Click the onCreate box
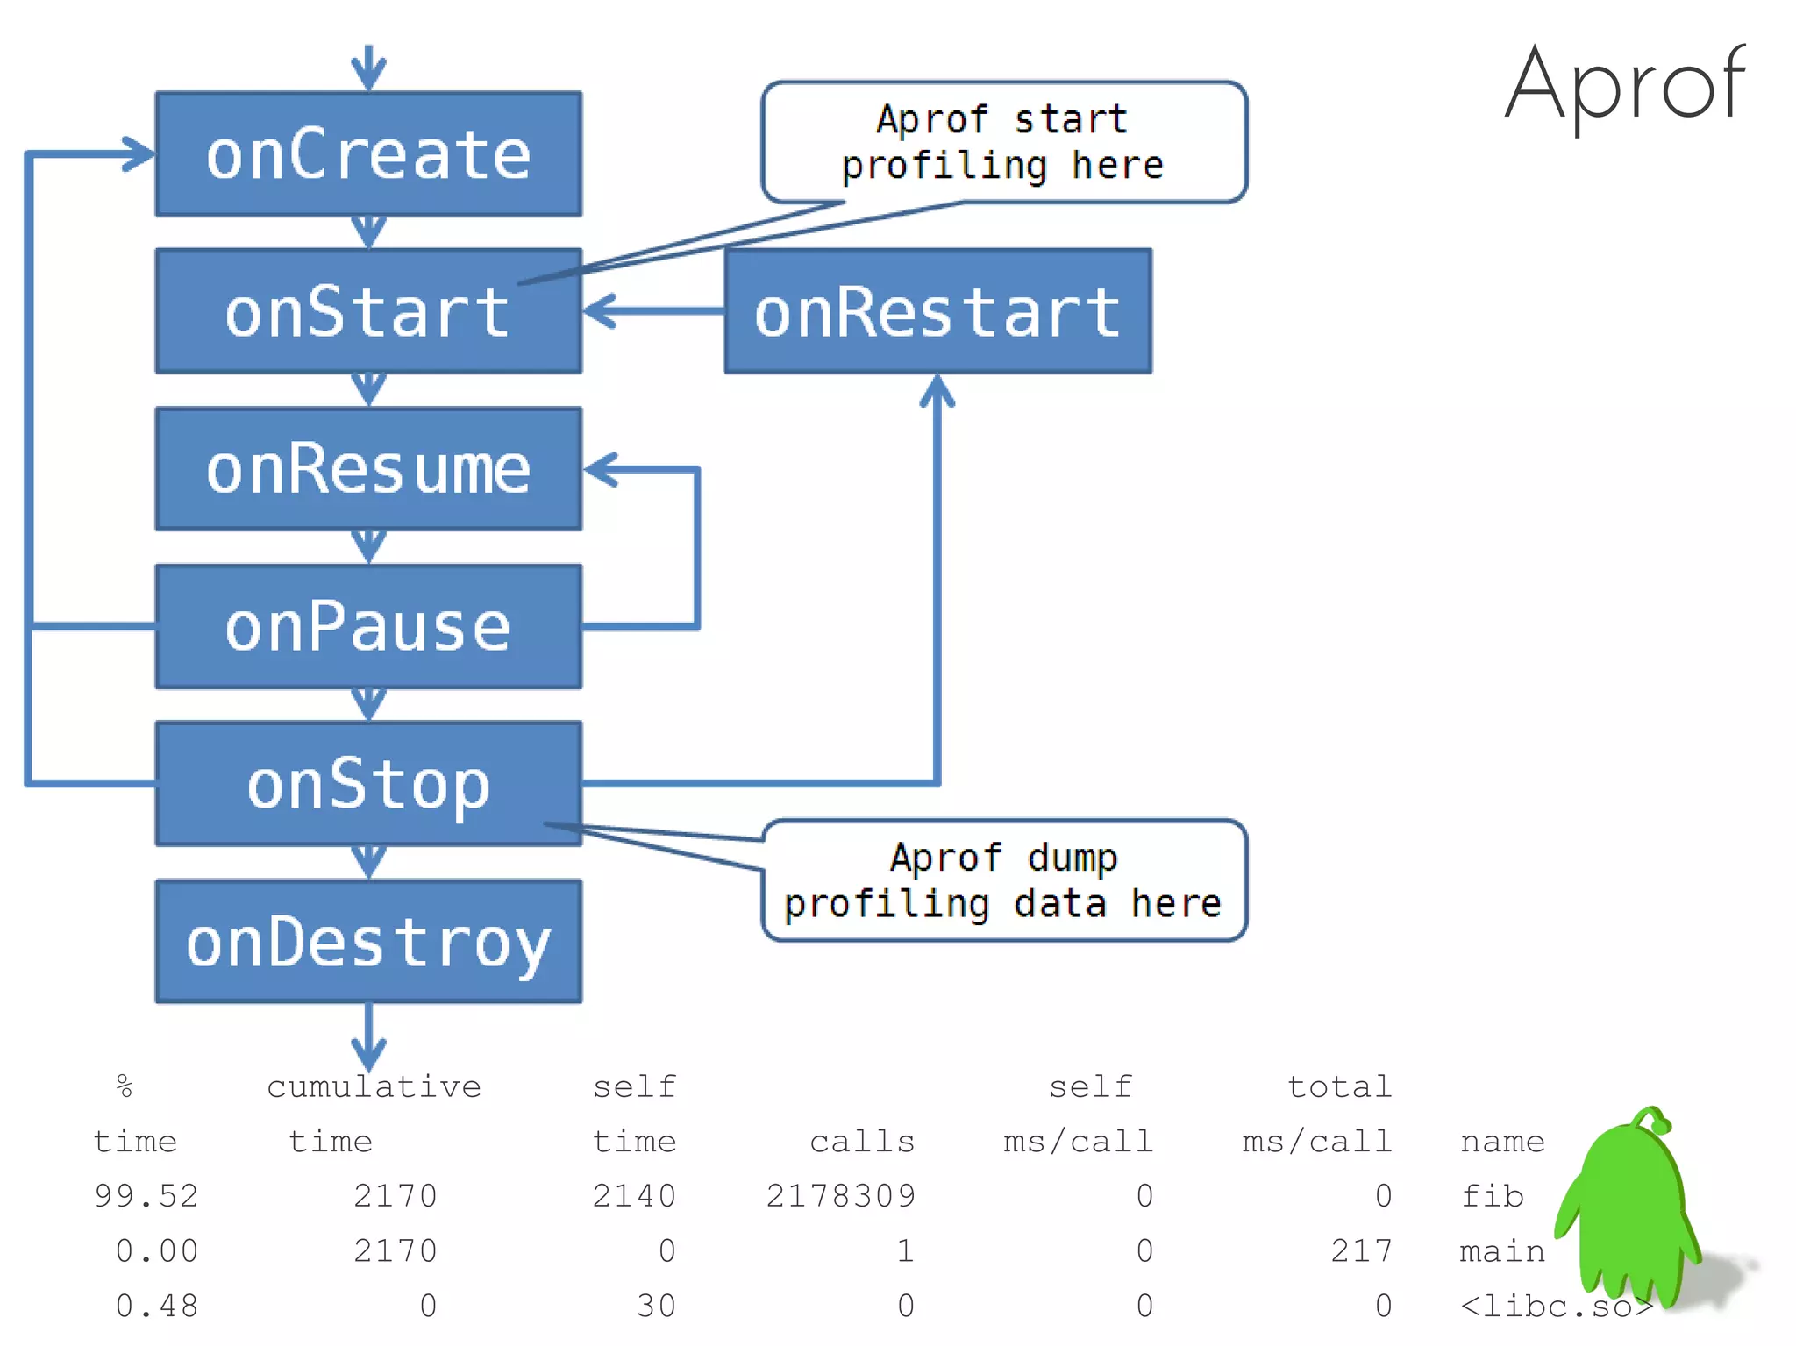[x=368, y=154]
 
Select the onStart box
[x=368, y=311]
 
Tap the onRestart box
[x=937, y=311]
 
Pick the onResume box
[x=368, y=469]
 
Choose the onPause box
[x=368, y=626]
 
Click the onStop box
[x=368, y=783]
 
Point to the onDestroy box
[x=368, y=941]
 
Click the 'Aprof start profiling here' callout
[x=1003, y=142]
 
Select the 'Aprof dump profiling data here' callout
[x=1003, y=880]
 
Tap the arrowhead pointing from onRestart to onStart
[x=598, y=311]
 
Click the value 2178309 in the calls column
[x=840, y=1196]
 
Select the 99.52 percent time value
[x=146, y=1196]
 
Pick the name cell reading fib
[x=1492, y=1196]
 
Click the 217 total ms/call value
[x=1361, y=1250]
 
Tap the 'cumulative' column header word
[x=374, y=1087]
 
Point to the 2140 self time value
[x=634, y=1196]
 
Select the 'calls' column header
[x=862, y=1142]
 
